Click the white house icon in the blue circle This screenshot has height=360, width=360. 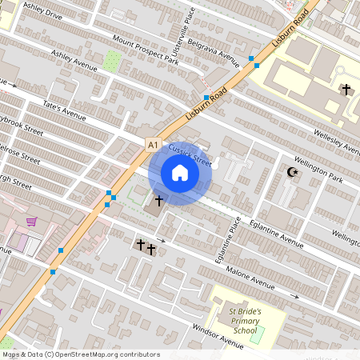(179, 172)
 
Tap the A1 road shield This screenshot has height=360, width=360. (153, 144)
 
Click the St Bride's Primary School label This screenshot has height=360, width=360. (245, 319)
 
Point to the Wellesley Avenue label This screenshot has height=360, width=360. (338, 142)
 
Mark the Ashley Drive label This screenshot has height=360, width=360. (42, 10)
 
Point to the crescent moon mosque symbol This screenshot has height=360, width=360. (292, 172)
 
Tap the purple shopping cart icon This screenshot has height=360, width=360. (31, 222)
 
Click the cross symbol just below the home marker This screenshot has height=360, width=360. (158, 200)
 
